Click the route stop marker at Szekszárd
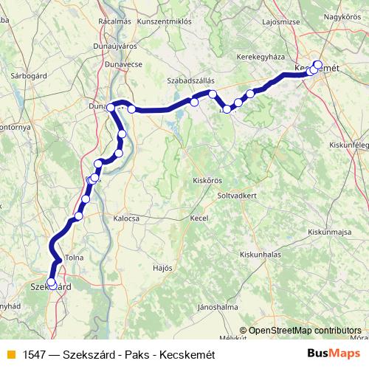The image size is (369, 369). click(52, 283)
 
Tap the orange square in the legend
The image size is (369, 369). click(10, 354)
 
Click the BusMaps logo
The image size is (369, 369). click(334, 354)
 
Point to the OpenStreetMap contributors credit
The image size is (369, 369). click(304, 331)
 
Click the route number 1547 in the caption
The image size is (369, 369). click(35, 354)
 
